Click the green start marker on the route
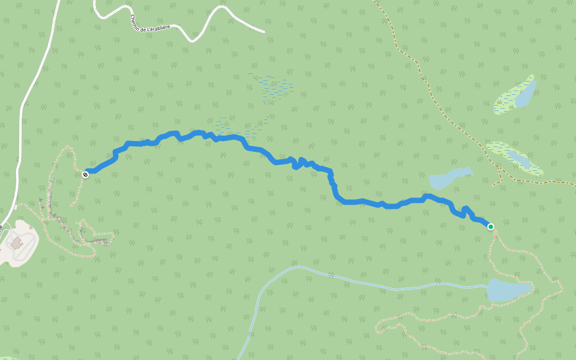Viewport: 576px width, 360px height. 491,226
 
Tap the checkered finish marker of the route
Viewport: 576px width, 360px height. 86,174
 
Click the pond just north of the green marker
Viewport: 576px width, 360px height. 449,178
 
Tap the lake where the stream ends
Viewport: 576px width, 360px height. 507,289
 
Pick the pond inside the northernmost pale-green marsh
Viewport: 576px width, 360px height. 526,94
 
